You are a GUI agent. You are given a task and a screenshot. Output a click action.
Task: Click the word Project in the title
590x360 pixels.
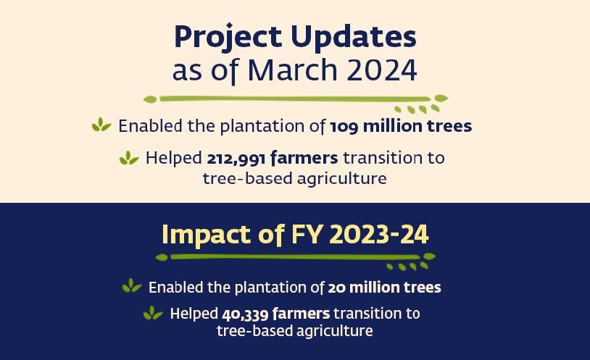tap(228, 38)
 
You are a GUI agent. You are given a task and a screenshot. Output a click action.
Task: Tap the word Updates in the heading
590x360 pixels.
tap(353, 38)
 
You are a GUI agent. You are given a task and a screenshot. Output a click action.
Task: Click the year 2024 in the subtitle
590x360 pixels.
tap(381, 70)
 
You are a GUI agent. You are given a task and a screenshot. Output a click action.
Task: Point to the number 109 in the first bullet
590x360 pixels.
tap(344, 126)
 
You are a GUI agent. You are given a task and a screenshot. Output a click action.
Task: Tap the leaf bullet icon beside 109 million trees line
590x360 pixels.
tap(101, 125)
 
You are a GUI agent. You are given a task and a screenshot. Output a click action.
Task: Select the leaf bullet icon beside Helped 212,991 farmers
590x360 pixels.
tap(129, 158)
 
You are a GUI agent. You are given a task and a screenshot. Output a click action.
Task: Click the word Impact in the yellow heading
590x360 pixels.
tap(206, 235)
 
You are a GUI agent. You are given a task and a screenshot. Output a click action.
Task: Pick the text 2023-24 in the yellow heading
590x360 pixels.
tap(379, 235)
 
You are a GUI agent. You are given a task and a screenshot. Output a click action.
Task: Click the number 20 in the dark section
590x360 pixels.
tap(336, 288)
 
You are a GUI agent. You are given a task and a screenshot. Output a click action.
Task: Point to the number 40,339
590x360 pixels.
tap(245, 314)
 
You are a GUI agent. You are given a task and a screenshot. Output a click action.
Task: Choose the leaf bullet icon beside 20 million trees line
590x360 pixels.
tap(132, 285)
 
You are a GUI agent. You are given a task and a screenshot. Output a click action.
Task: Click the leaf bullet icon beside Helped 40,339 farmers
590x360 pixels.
tap(153, 313)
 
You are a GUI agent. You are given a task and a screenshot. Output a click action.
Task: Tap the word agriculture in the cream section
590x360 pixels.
tap(341, 179)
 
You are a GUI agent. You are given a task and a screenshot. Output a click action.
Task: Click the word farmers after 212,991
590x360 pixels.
tap(304, 158)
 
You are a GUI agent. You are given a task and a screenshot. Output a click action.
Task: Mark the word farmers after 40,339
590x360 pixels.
tap(301, 314)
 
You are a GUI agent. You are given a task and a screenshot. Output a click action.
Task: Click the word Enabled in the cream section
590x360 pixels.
tap(151, 125)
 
